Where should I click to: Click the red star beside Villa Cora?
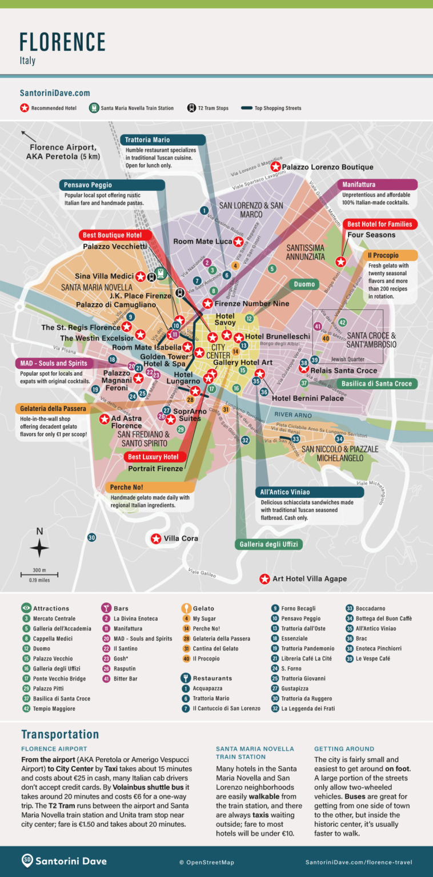click(x=155, y=538)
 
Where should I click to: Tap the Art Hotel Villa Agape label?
click(x=309, y=578)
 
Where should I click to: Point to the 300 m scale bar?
click(x=39, y=574)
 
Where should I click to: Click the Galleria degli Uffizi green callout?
click(x=268, y=544)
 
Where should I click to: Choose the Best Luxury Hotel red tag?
click(x=153, y=457)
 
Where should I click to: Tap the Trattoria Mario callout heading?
click(x=148, y=140)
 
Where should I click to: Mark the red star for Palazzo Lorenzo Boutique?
click(x=275, y=167)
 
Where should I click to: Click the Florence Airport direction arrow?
click(x=27, y=136)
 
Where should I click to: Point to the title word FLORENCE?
click(x=62, y=42)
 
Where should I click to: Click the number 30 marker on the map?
click(x=91, y=537)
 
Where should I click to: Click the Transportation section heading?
click(x=60, y=734)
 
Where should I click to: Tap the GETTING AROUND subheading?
click(x=344, y=749)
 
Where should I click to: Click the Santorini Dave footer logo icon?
click(x=27, y=860)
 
